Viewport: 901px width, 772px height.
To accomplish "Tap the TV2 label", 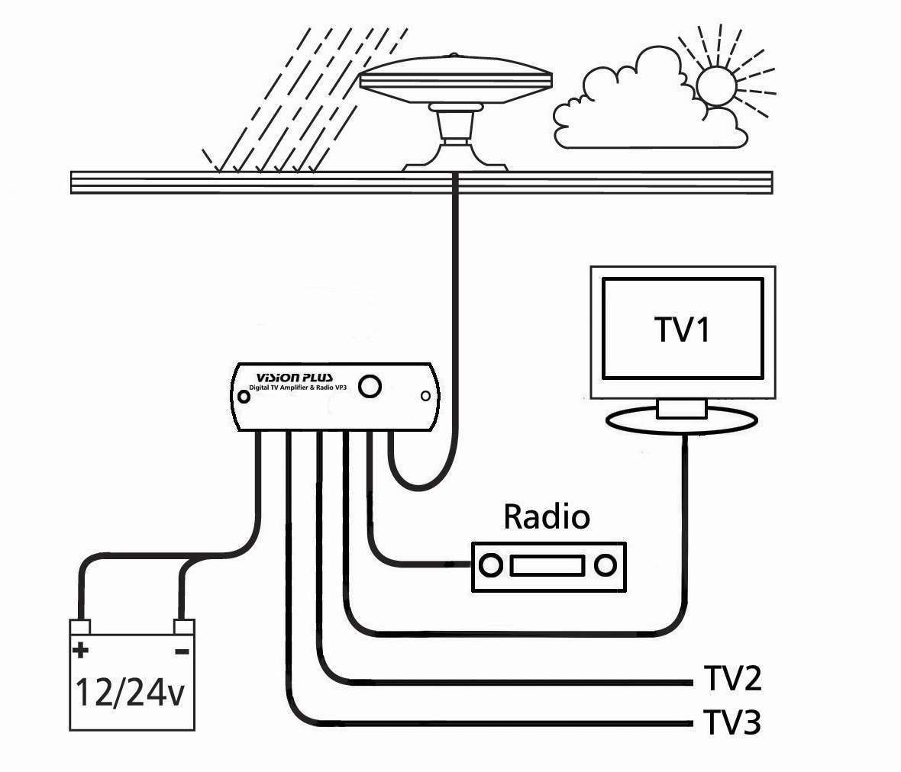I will [731, 678].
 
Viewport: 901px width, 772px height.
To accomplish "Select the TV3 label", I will [731, 722].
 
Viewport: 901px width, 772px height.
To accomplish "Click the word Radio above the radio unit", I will [547, 517].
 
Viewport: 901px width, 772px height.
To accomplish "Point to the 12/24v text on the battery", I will [129, 693].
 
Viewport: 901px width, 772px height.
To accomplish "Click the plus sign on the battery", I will [79, 651].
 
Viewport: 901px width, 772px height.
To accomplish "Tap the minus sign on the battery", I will [182, 651].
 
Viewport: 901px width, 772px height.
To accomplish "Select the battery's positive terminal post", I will [81, 627].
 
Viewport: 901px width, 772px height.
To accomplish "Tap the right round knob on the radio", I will [606, 565].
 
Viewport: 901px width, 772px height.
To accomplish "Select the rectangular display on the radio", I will [548, 565].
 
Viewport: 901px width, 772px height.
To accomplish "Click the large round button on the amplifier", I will [371, 386].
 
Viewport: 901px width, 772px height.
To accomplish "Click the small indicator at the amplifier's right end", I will [426, 395].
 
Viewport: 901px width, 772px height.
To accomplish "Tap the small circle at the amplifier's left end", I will [244, 397].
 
